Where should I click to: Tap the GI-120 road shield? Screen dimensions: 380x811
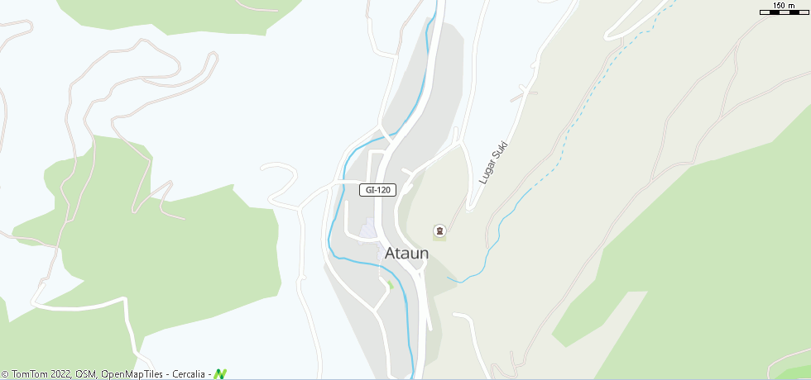coord(377,190)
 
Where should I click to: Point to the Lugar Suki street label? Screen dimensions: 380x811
coord(492,163)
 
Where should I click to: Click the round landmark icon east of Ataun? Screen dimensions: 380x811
coord(439,230)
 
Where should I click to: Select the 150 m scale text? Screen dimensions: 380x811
coord(783,6)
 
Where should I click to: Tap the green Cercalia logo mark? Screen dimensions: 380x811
coord(220,374)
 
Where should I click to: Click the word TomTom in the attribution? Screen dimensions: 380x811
coord(29,374)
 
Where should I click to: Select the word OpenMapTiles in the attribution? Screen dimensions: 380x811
coord(132,374)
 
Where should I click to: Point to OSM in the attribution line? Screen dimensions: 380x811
coord(86,374)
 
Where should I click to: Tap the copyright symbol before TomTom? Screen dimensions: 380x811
coord(6,374)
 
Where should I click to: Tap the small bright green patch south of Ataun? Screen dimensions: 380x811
coord(388,284)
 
